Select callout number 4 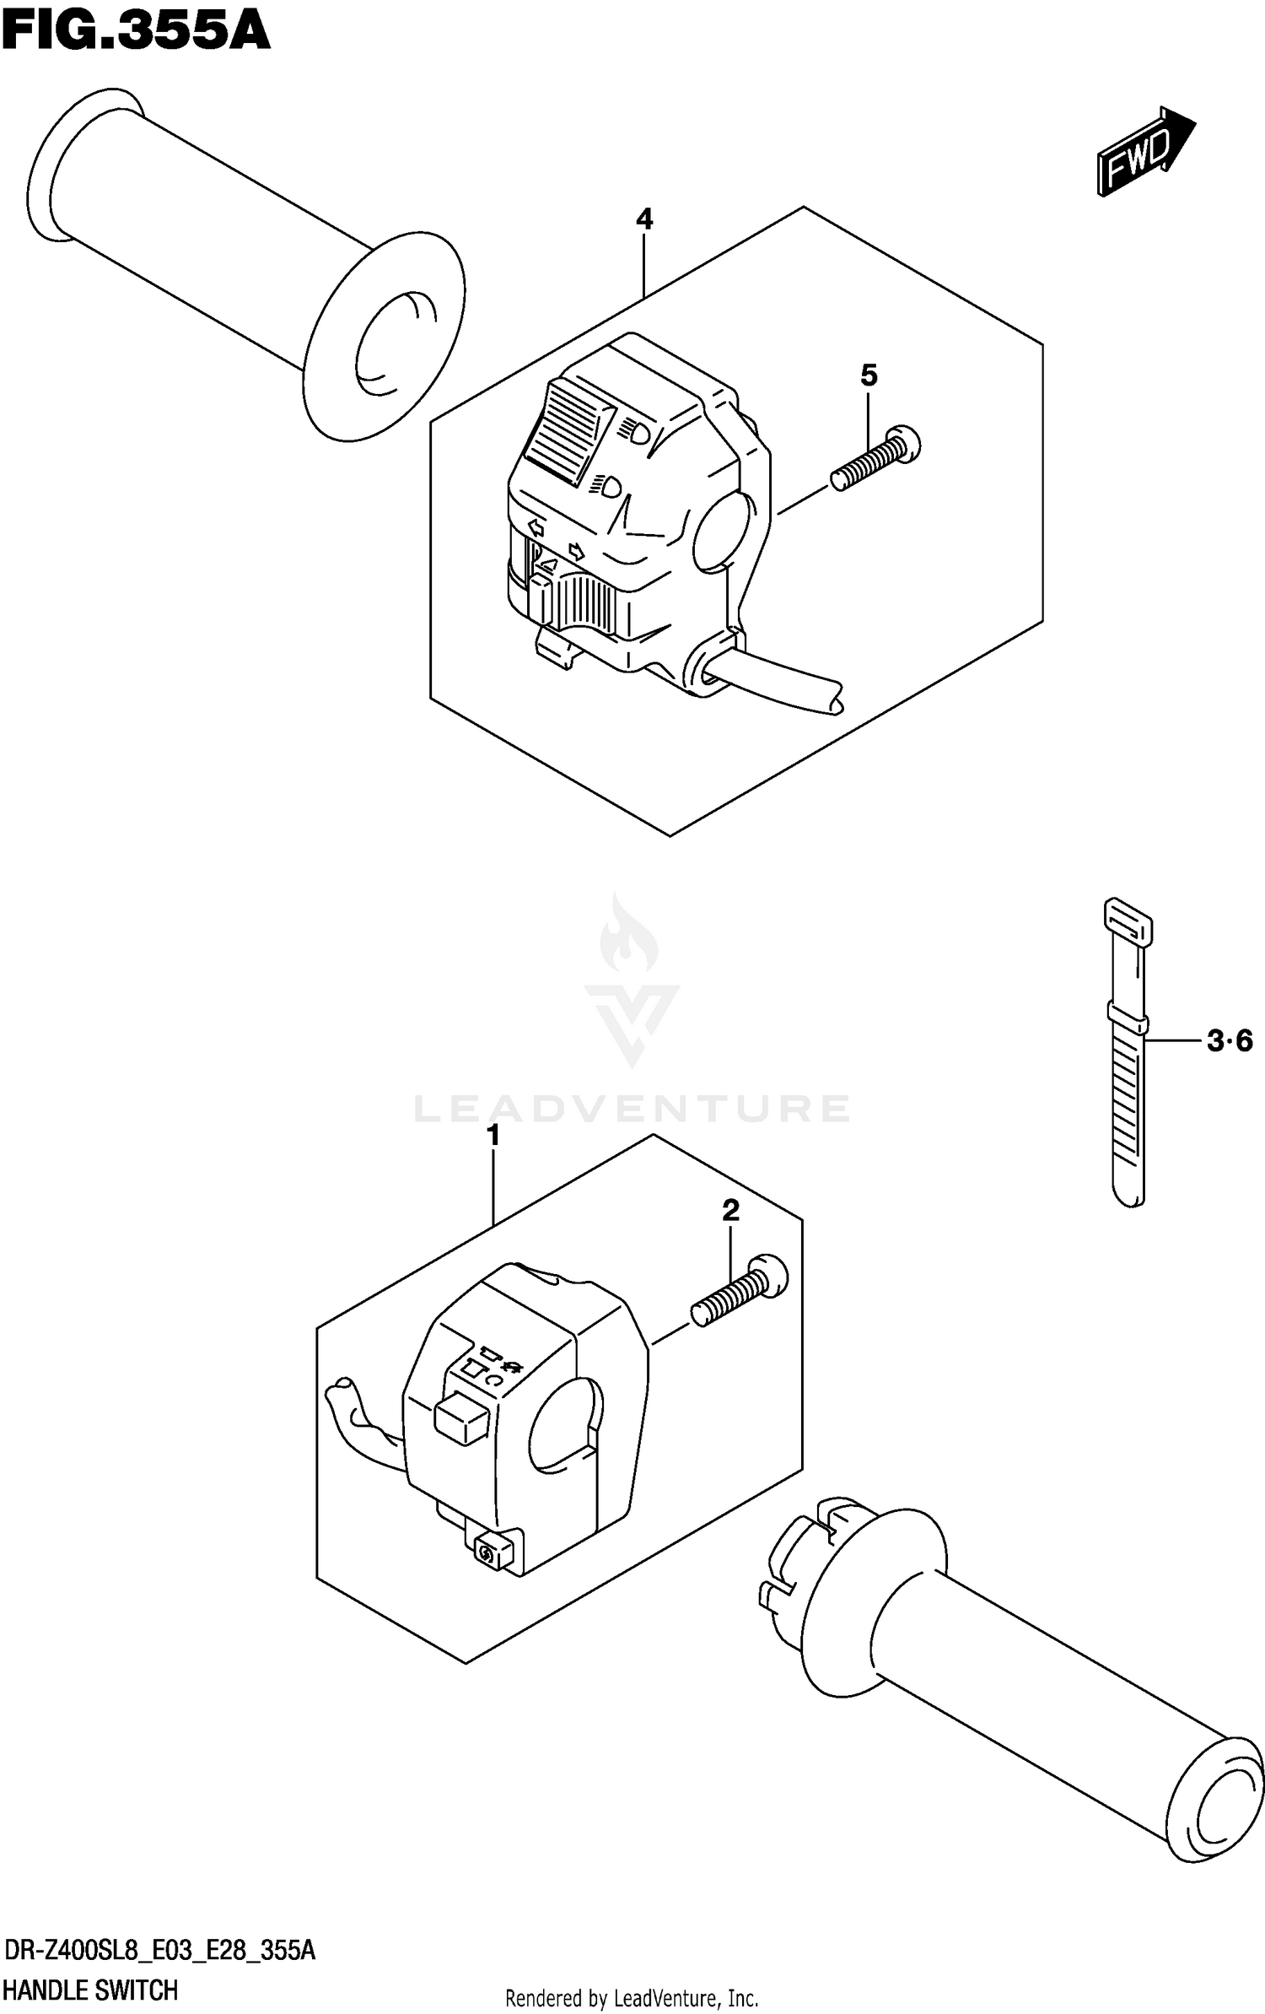tap(644, 220)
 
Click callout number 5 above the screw tap(869, 375)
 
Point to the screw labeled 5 tap(875, 458)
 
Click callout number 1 tap(493, 1136)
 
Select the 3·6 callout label tap(1230, 1042)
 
